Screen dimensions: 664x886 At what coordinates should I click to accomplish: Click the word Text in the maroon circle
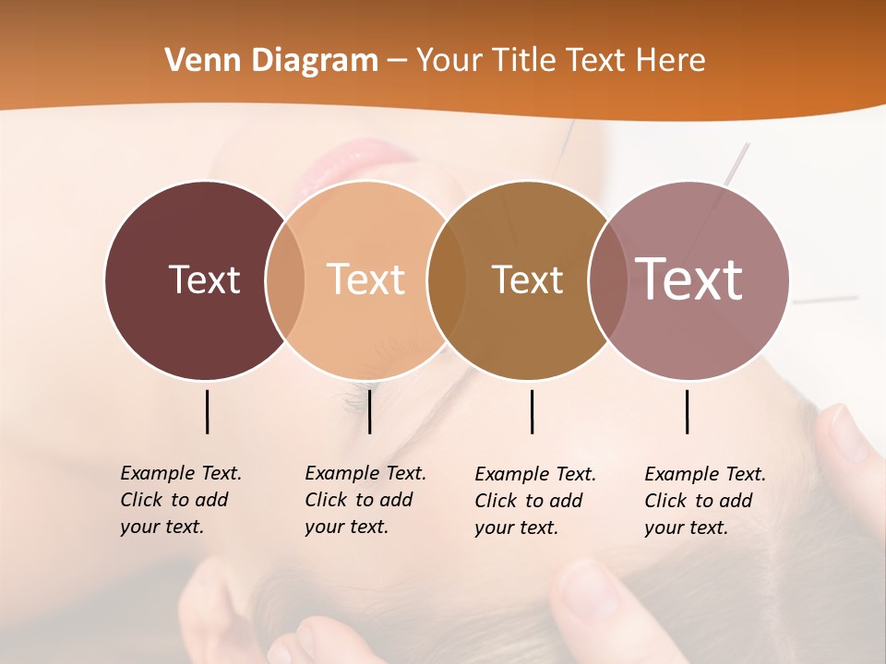[204, 279]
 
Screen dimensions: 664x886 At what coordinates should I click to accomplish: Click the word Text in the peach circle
[366, 279]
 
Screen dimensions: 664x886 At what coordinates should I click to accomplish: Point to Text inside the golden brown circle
[527, 279]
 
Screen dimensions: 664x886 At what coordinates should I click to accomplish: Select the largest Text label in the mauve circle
[689, 279]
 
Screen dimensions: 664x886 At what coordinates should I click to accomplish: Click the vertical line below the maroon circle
[207, 411]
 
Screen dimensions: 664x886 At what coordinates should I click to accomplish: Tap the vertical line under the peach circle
[369, 411]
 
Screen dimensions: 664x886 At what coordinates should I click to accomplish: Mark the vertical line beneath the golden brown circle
[532, 411]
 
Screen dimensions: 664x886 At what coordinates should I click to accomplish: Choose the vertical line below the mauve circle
[687, 411]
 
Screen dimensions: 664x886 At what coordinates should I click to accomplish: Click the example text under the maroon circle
[180, 500]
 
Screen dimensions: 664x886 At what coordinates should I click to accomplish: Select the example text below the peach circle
[365, 500]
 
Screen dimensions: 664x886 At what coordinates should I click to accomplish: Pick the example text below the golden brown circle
[534, 501]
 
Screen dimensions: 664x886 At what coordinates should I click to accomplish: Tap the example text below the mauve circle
[704, 501]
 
